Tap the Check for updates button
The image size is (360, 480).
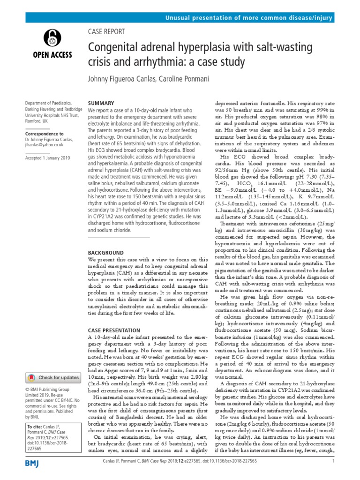[53, 377]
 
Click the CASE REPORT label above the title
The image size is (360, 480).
[106, 32]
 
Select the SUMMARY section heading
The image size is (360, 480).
[101, 103]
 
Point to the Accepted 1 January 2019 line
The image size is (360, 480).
[47, 158]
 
